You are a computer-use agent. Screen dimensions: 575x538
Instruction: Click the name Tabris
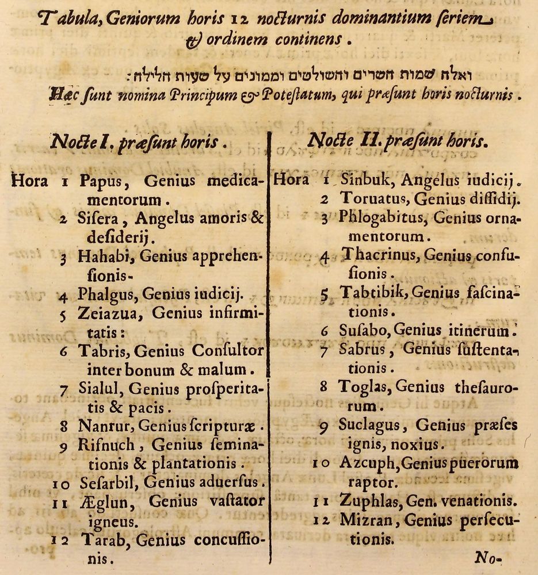pyautogui.click(x=101, y=350)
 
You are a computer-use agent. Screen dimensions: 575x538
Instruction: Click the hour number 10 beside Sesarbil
pyautogui.click(x=60, y=484)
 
